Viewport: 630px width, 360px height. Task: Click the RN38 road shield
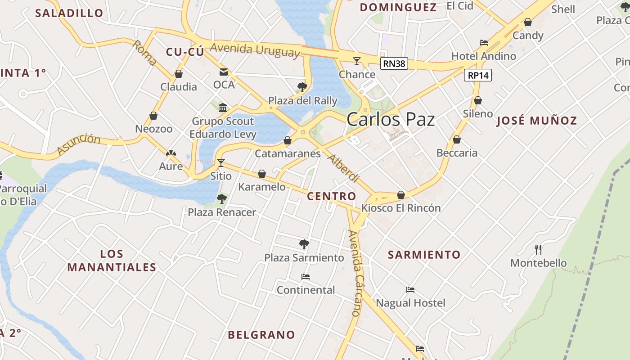394,63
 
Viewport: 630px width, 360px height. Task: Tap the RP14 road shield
478,75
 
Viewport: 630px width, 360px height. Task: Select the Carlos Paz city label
391,120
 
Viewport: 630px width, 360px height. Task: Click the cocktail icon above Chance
357,61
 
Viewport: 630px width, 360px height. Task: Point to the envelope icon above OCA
224,72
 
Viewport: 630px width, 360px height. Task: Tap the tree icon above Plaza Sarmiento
304,244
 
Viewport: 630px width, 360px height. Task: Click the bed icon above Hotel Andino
484,43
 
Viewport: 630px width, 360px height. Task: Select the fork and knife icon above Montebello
538,249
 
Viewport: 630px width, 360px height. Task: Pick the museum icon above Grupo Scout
223,108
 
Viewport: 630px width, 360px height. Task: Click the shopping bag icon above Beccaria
457,139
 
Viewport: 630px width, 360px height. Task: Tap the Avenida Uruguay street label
255,49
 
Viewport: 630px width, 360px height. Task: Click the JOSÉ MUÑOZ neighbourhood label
536,121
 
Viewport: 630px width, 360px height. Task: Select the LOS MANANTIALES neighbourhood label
112,261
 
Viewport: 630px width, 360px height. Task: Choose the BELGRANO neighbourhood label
261,335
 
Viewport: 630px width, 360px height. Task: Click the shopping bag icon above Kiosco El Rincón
401,195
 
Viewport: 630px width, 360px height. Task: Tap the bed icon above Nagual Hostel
410,290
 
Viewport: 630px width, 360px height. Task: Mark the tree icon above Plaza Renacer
221,198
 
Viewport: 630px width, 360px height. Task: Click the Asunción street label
79,145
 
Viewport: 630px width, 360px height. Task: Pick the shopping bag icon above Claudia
179,74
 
